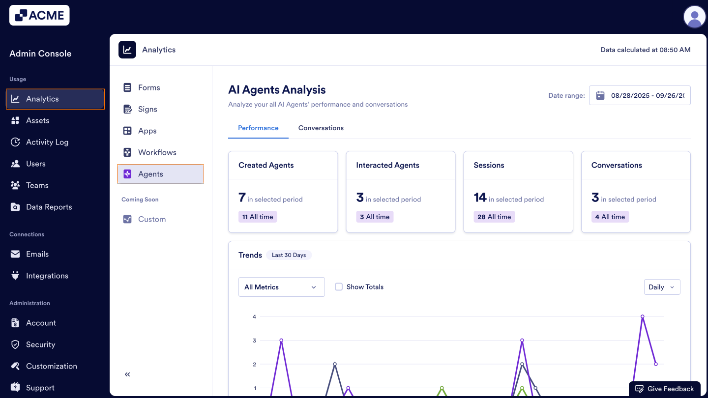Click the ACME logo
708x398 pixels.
point(39,15)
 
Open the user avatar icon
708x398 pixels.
point(695,17)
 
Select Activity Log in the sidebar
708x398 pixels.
point(47,142)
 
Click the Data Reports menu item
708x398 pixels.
point(49,207)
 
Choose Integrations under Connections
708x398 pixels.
point(47,276)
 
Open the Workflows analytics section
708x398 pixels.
point(157,152)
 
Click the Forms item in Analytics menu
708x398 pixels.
point(149,87)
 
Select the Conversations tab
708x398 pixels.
point(321,128)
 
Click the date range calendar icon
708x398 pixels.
point(600,95)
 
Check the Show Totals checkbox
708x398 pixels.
point(339,287)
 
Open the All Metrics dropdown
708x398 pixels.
point(281,287)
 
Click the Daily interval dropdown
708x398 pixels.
point(662,287)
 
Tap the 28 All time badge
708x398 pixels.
point(494,217)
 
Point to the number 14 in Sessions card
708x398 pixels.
point(480,198)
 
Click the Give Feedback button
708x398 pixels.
point(665,389)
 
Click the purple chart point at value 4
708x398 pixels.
point(642,316)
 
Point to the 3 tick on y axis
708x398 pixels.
point(255,341)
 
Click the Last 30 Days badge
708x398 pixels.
point(289,255)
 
